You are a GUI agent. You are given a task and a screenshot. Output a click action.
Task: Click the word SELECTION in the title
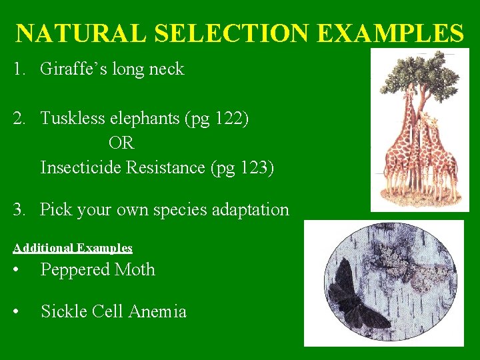pos(225,33)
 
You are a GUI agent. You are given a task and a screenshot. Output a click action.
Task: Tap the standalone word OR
pos(121,143)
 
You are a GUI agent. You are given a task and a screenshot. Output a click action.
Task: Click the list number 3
pos(18,210)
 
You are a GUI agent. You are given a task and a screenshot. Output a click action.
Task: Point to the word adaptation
pos(250,210)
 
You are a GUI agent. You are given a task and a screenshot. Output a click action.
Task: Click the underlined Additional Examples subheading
pos(73,248)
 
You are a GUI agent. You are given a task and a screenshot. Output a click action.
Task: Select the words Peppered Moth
pos(97,270)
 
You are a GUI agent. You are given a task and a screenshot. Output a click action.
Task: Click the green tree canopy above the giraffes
pos(420,73)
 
